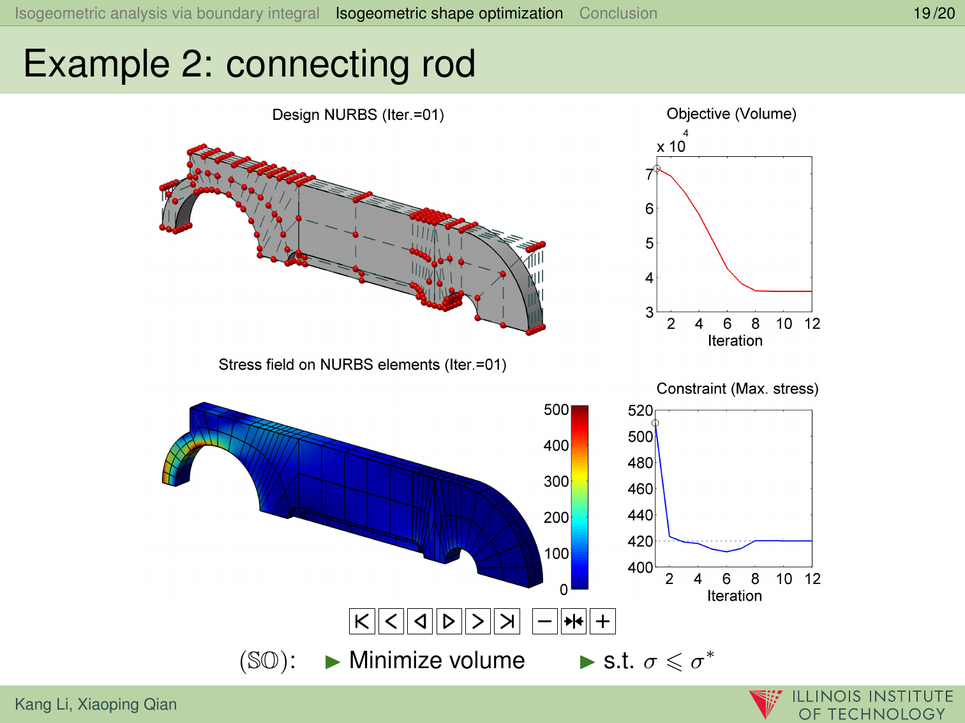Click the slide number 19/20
tap(934, 13)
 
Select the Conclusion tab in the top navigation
tap(618, 13)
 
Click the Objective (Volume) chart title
tap(731, 113)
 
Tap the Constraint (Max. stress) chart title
tap(737, 388)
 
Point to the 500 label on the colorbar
tap(556, 409)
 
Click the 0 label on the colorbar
tap(564, 590)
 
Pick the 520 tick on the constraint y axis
tap(640, 411)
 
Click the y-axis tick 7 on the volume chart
tap(649, 174)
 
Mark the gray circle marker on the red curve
tap(656, 168)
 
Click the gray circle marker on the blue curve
tap(655, 423)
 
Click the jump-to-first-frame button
tap(362, 621)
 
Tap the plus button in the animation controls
tap(602, 621)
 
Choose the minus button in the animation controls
tap(544, 621)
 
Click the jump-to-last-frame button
tap(507, 621)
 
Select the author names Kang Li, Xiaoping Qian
tap(96, 704)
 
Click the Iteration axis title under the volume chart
tap(735, 340)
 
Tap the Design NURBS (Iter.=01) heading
tap(358, 115)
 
